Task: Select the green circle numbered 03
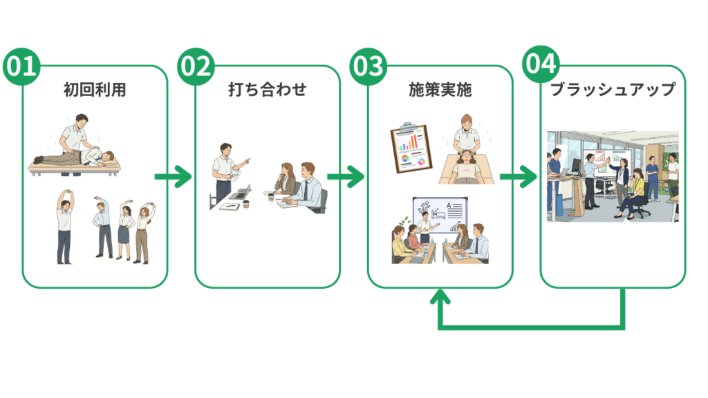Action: click(x=366, y=66)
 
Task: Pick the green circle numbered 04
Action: click(x=539, y=64)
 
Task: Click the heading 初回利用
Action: click(x=95, y=90)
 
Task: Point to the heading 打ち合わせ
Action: click(x=268, y=90)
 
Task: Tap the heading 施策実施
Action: click(x=440, y=90)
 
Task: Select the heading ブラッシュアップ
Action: click(x=613, y=90)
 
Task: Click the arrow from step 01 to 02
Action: click(x=173, y=177)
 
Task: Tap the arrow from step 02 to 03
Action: click(x=346, y=177)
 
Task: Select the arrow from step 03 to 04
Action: click(x=519, y=177)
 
